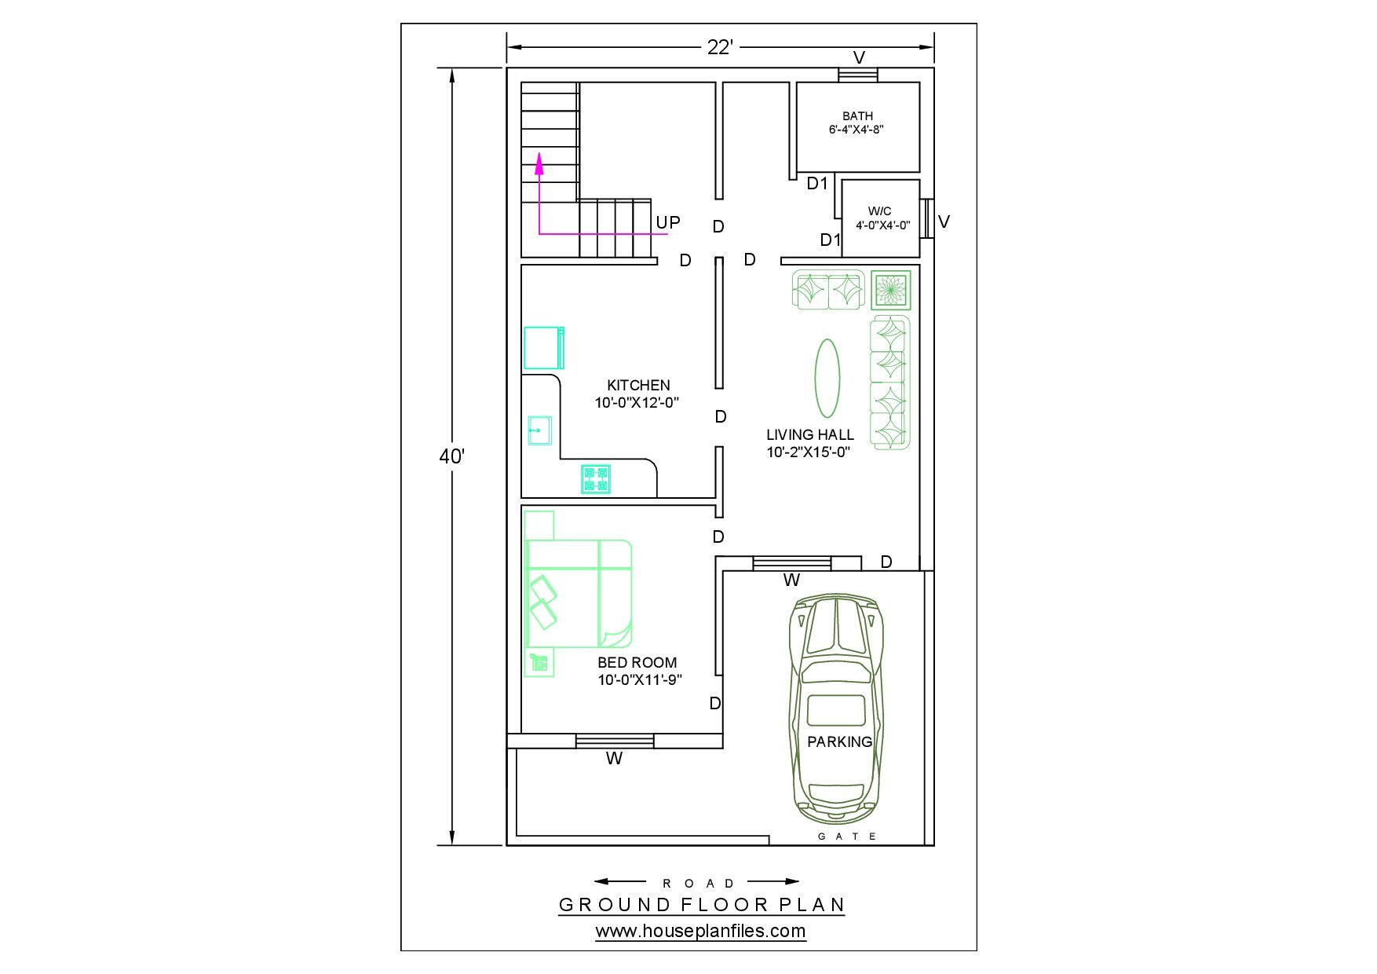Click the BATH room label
(x=857, y=116)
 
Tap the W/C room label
(x=879, y=211)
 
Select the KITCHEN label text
(x=638, y=385)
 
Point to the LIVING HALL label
(x=810, y=434)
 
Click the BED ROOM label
(x=637, y=662)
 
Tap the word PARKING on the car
(x=839, y=741)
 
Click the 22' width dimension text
(x=720, y=47)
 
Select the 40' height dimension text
(x=452, y=456)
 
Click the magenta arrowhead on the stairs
(x=539, y=163)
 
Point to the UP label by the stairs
(x=668, y=222)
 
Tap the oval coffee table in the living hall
(x=827, y=378)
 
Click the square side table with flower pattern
(x=890, y=290)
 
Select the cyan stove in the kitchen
(x=596, y=479)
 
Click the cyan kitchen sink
(x=539, y=430)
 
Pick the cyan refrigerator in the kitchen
(x=544, y=348)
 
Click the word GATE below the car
(x=847, y=837)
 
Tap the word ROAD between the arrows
(x=698, y=884)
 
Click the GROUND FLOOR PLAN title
(x=701, y=905)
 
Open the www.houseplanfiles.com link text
(x=700, y=932)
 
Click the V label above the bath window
(x=859, y=57)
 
